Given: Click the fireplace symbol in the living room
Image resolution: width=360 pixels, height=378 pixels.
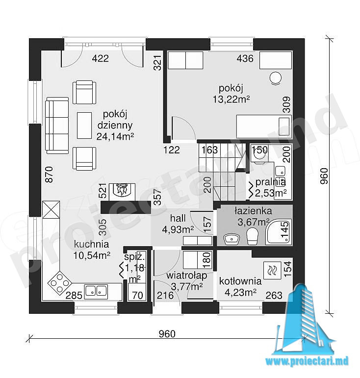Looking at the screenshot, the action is coord(122,192).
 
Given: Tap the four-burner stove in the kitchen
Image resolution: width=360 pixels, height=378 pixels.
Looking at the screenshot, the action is coord(59,282).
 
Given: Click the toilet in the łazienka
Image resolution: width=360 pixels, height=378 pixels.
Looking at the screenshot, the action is coord(252,236).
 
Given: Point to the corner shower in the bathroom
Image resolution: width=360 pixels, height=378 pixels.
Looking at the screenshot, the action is coord(279,231).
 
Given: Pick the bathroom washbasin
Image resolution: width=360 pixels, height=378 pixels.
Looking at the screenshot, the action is coord(231,239).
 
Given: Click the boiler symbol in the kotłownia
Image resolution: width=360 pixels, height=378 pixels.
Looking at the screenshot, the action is coord(273,270).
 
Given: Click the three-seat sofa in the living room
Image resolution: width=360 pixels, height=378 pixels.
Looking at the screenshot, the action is coord(57,126).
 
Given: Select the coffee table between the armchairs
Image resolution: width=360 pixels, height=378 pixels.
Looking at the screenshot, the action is coord(84,126).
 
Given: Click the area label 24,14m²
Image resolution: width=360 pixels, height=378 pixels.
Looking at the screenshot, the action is coord(115,136).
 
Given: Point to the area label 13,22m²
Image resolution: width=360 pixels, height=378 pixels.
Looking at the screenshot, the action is coord(231,99).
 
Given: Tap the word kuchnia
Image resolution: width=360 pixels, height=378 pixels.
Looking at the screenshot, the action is coord(91,244).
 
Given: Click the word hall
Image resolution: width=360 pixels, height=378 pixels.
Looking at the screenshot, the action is coord(178,218).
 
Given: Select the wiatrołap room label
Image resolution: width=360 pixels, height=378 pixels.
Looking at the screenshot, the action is coord(187,276).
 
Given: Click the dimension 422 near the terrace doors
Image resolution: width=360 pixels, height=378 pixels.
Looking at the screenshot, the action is coord(101,58).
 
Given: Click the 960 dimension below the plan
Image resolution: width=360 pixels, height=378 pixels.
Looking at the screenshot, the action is coord(167,334).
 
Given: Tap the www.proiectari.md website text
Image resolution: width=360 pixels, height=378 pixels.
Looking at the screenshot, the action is coord(307,361).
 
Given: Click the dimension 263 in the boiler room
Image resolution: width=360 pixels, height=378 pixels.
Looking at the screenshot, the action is coord(274,295).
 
